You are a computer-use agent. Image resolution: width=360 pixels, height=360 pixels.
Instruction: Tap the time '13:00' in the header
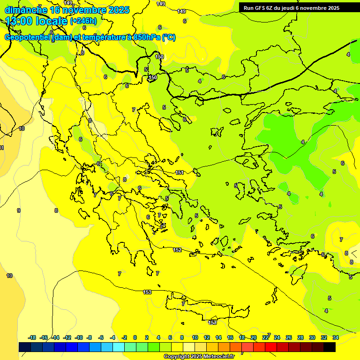tap(20, 21)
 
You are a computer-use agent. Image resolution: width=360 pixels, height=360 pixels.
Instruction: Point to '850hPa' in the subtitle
tap(147, 37)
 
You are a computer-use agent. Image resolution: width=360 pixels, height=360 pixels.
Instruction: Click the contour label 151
tap(179, 173)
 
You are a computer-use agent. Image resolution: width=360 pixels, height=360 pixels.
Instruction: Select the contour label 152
tap(177, 250)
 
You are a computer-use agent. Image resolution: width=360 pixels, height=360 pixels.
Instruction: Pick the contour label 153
tap(147, 292)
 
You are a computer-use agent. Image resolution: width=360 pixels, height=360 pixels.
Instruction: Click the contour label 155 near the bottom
tap(212, 322)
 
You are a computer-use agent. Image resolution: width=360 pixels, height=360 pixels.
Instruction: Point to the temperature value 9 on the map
tap(19, 210)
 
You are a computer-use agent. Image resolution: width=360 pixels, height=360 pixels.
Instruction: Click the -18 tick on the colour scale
tap(32, 337)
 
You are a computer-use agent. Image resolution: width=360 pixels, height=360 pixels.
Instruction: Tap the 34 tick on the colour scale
tap(335, 337)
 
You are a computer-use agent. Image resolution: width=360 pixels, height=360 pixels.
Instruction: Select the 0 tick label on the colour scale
tap(135, 337)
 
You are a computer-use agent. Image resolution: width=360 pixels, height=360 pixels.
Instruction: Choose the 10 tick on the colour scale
tap(195, 337)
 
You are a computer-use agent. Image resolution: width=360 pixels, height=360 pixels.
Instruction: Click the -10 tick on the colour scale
tap(79, 337)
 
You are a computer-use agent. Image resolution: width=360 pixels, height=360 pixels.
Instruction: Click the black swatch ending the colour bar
tap(330, 347)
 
